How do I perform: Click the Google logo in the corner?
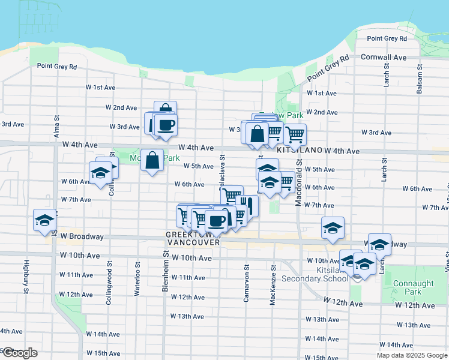pyautogui.click(x=19, y=353)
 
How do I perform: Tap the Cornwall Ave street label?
pyautogui.click(x=384, y=58)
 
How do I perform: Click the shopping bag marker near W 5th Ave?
pyautogui.click(x=152, y=160)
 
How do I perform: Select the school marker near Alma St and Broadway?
pyautogui.click(x=44, y=220)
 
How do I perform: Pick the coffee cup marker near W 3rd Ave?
pyautogui.click(x=166, y=125)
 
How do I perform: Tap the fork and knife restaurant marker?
pyautogui.click(x=247, y=205)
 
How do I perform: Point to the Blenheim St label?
pyautogui.click(x=165, y=272)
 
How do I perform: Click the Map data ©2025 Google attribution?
pyautogui.click(x=411, y=355)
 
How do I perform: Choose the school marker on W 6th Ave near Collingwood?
pyautogui.click(x=100, y=173)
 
